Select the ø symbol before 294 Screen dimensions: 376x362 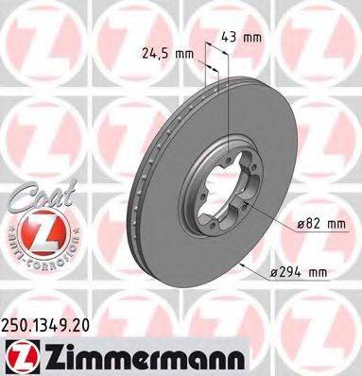pos(270,273)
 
